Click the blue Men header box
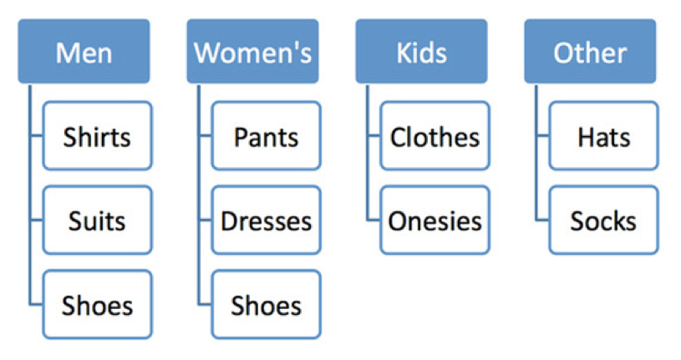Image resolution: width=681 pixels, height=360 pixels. click(x=84, y=51)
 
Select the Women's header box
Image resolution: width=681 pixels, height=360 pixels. click(x=253, y=51)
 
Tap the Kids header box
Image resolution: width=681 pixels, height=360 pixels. click(x=421, y=51)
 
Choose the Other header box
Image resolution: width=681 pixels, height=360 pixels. click(x=590, y=51)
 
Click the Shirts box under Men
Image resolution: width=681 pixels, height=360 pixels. click(x=97, y=135)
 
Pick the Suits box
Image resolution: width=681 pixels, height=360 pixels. click(x=97, y=220)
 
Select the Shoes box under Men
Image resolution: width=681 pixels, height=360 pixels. click(x=97, y=304)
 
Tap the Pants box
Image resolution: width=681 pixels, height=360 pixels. click(x=267, y=135)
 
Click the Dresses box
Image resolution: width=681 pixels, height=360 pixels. click(x=267, y=220)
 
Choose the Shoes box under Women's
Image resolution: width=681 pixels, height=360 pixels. click(x=267, y=304)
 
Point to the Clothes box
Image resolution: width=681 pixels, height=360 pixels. click(x=435, y=135)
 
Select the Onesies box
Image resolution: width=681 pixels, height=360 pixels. click(x=435, y=220)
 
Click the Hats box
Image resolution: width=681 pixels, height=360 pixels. click(x=603, y=135)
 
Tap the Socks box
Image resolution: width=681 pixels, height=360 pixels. click(x=603, y=220)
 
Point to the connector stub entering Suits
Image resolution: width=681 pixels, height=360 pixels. click(x=37, y=221)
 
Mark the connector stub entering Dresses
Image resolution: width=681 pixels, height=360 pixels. click(x=206, y=221)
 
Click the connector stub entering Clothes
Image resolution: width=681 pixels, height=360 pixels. click(x=374, y=136)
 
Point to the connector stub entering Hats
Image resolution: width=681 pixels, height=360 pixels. click(x=543, y=136)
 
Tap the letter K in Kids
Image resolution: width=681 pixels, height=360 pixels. click(x=403, y=53)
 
